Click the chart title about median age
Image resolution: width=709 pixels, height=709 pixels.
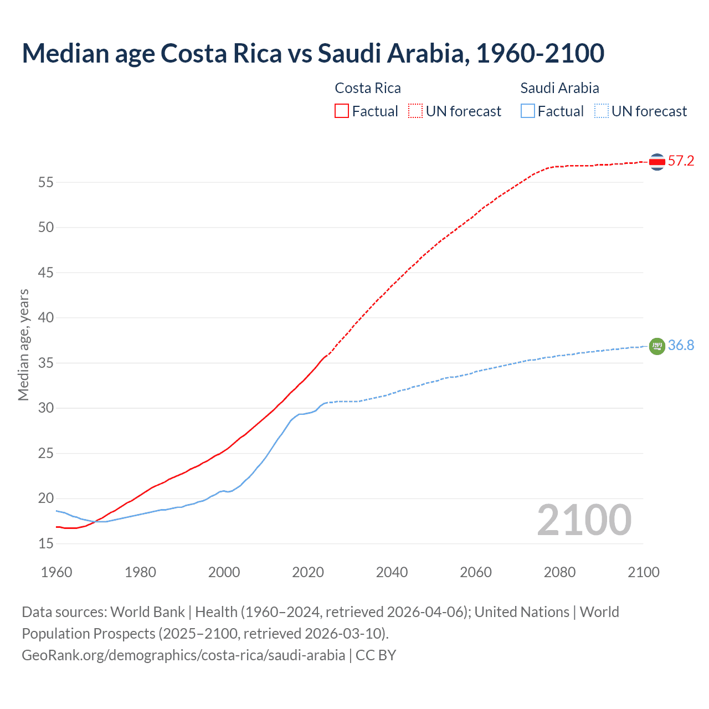point(313,53)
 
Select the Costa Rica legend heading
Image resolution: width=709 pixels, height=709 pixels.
point(368,88)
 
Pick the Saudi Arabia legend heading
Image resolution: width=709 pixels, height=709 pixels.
point(559,88)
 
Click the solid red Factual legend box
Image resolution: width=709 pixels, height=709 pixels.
point(342,111)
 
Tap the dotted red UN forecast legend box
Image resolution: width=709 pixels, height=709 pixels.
point(415,111)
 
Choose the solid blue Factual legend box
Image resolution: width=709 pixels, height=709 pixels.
point(528,111)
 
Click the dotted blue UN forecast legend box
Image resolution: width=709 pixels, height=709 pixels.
point(601,111)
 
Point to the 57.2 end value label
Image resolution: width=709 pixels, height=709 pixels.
point(681,161)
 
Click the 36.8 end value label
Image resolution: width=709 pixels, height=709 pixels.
point(681,346)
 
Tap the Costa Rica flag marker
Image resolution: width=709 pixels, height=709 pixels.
point(657,162)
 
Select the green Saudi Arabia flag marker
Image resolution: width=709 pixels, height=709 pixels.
point(657,346)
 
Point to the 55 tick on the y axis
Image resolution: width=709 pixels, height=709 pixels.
point(46,182)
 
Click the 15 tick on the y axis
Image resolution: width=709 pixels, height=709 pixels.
point(46,544)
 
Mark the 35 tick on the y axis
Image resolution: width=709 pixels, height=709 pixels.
point(46,363)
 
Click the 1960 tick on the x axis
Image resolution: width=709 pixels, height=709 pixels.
point(56,572)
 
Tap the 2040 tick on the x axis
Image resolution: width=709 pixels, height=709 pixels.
point(392,572)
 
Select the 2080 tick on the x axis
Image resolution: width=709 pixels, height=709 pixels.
point(559,572)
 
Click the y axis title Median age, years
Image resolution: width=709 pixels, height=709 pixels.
point(23,345)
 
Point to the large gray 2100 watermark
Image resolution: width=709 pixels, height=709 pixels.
point(584,520)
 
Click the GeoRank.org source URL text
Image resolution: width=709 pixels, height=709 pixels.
point(183,655)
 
